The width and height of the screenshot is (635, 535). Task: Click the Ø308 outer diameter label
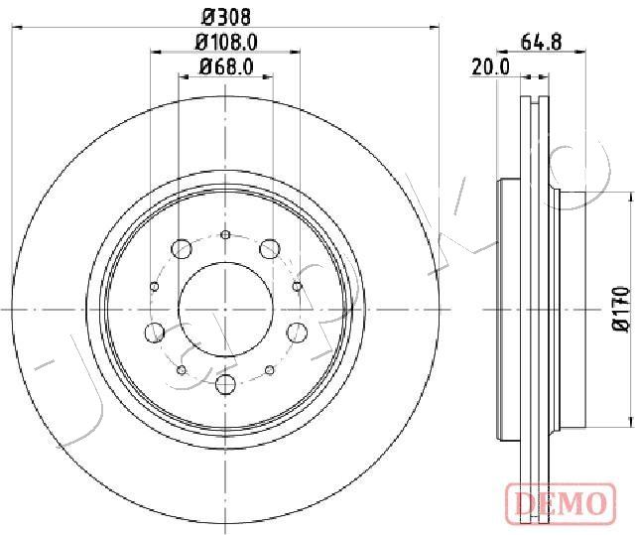point(226,17)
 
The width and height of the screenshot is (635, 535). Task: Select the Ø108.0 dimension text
point(227,42)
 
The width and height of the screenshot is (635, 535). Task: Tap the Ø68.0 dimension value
point(226,67)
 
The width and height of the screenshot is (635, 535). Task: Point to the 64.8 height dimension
point(542,42)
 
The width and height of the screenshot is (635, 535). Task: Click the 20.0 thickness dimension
point(490,67)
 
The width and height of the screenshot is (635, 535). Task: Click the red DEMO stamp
point(561,502)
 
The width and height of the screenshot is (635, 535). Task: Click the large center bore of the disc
point(225,310)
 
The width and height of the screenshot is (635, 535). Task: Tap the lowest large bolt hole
point(225,383)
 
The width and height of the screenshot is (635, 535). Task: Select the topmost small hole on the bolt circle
point(225,234)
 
